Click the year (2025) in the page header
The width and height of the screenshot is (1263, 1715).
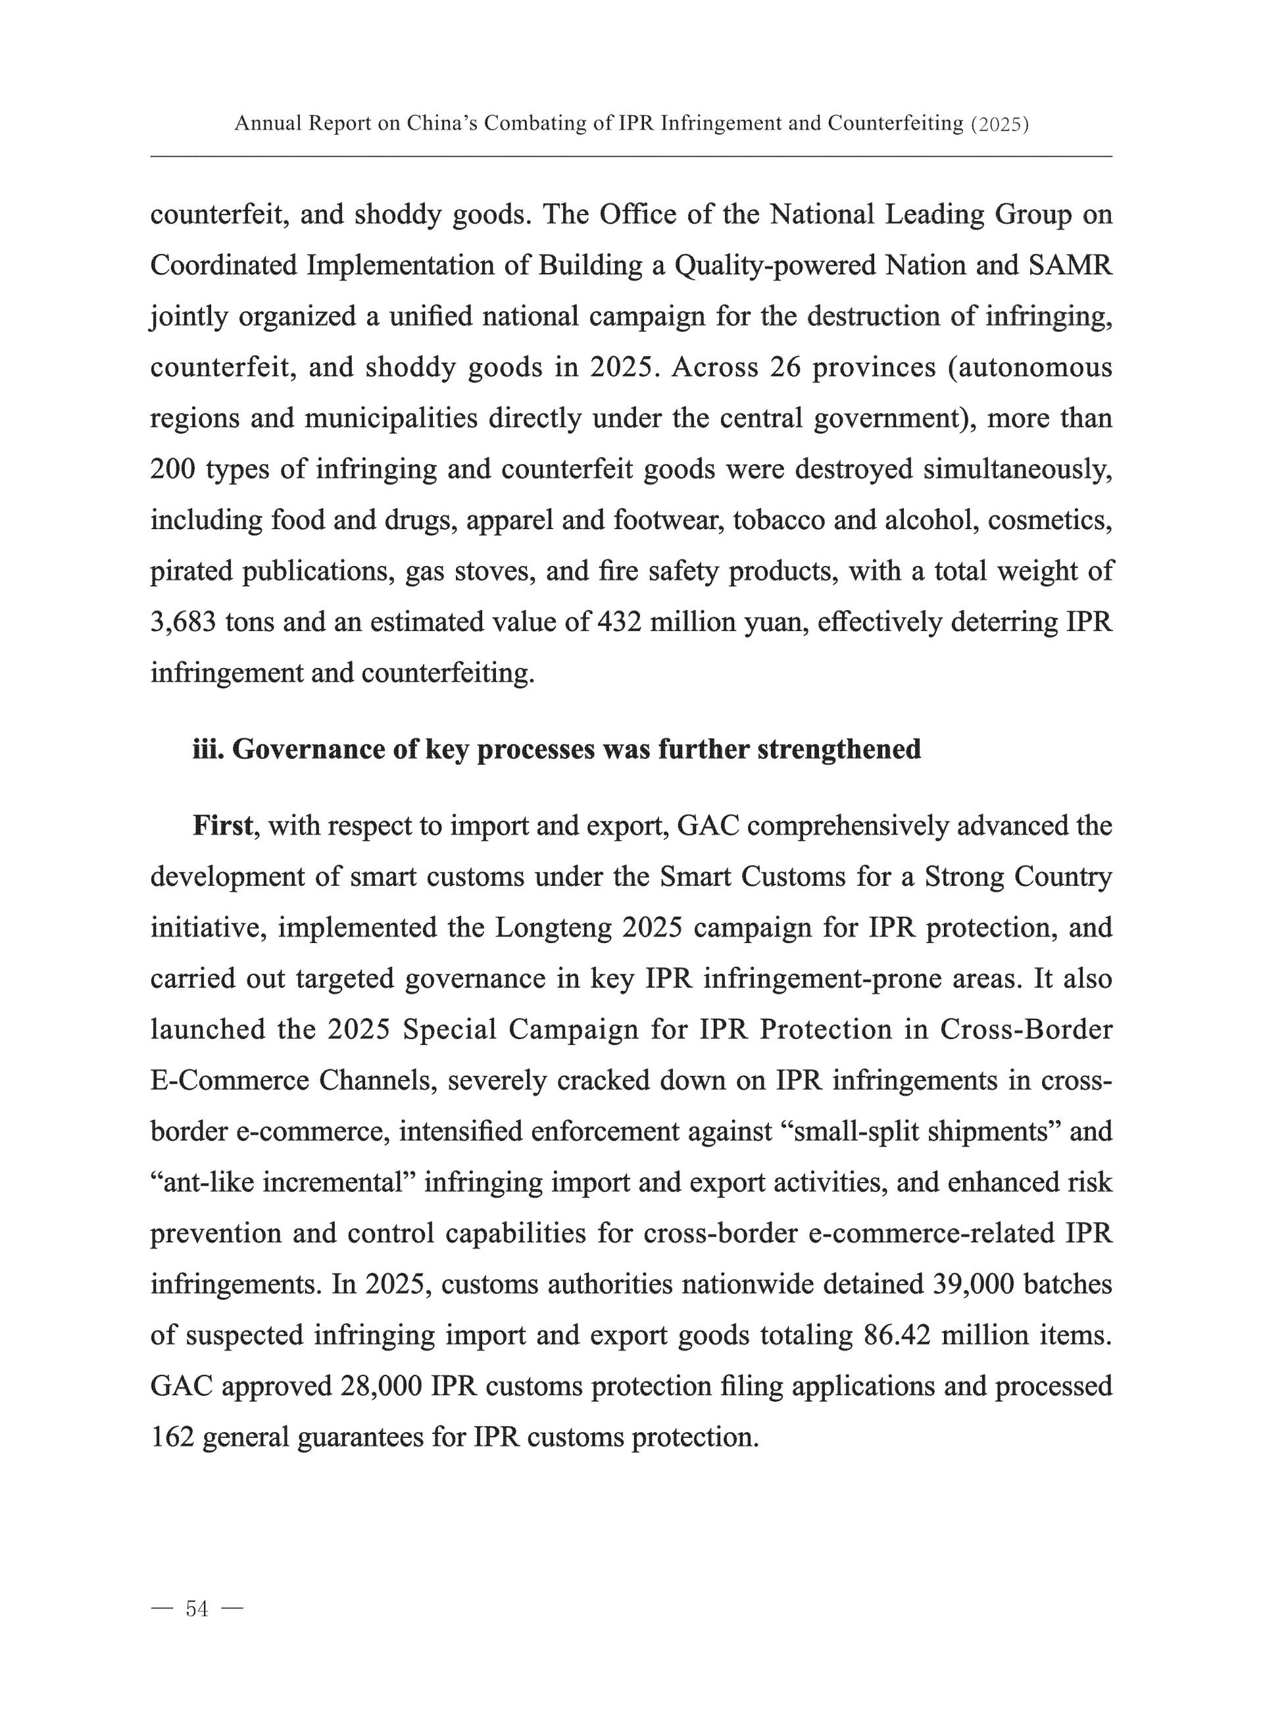click(x=999, y=124)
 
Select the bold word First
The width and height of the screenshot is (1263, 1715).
click(x=222, y=826)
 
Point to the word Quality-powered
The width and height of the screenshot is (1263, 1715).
click(x=773, y=265)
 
